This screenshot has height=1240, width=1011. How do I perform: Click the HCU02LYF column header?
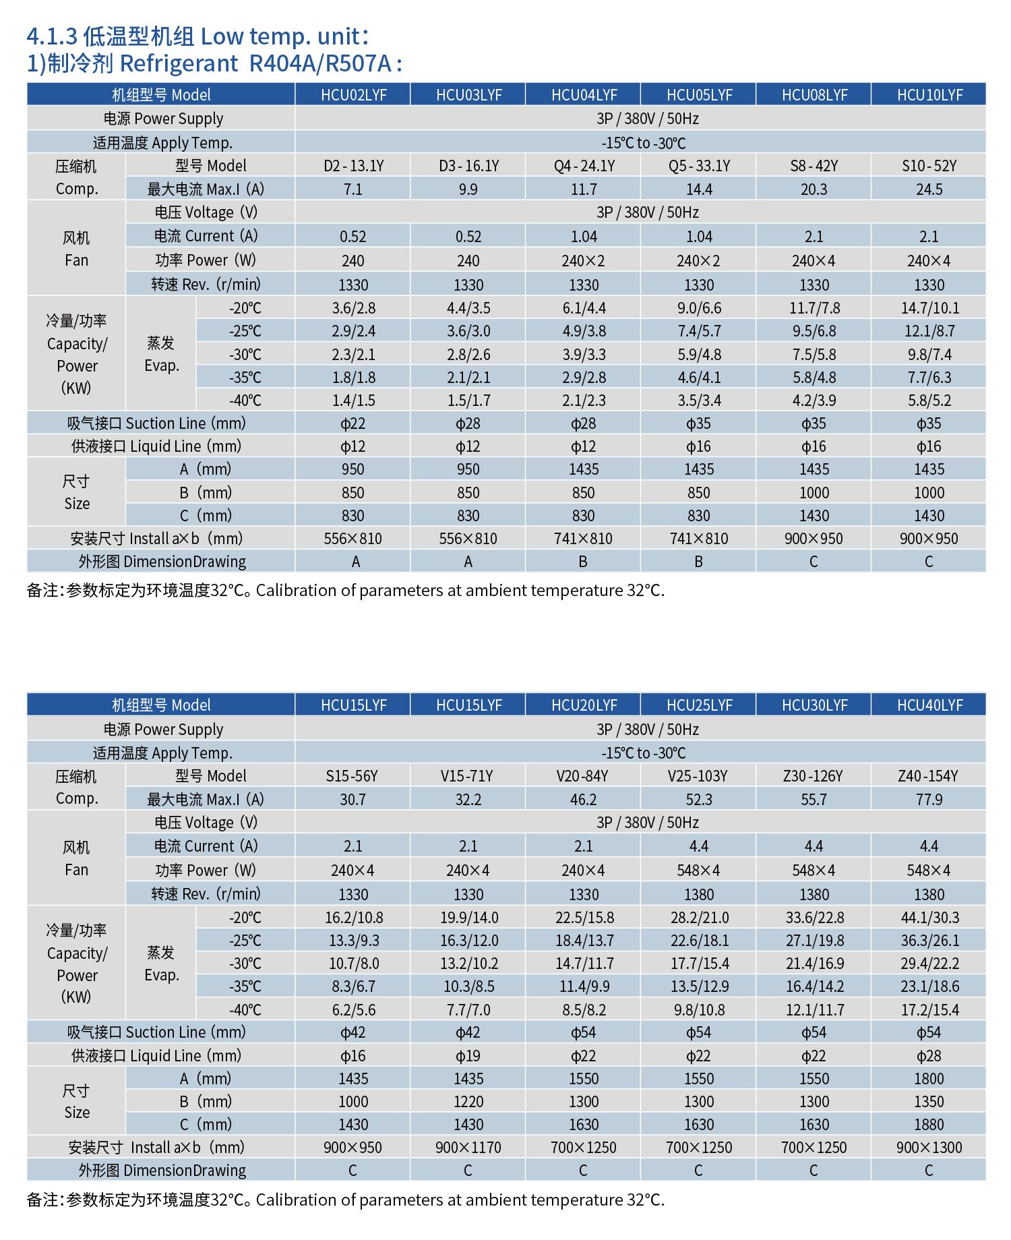[353, 94]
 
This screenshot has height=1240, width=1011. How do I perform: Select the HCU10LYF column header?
[929, 94]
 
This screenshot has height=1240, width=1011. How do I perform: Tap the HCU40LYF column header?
[929, 705]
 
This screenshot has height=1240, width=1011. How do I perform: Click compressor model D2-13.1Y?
[353, 166]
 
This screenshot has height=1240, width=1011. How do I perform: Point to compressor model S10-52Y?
[929, 166]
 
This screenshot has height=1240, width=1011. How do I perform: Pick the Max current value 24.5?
[929, 189]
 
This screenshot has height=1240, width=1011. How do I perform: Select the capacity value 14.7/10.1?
[929, 308]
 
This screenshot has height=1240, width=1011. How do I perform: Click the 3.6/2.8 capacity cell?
[353, 308]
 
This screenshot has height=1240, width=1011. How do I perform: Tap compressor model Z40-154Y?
[929, 776]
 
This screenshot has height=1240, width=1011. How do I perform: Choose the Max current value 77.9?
[929, 800]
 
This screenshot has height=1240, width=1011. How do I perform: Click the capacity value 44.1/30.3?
[929, 918]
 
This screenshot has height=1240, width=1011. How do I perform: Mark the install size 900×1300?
[929, 1148]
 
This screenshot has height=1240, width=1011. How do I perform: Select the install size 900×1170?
[468, 1148]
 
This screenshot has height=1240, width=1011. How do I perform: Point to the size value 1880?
[929, 1125]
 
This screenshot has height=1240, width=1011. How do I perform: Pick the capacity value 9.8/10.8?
[699, 1010]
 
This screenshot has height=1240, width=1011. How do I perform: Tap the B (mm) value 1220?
[468, 1102]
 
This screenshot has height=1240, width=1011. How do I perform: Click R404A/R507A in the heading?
[320, 63]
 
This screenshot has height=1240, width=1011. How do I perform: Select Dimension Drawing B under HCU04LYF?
[583, 562]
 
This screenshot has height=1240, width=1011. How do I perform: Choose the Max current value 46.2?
[583, 800]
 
